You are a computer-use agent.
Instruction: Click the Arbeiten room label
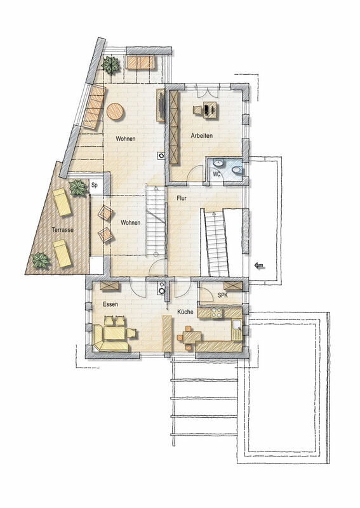pyautogui.click(x=201, y=136)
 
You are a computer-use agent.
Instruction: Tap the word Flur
pyautogui.click(x=182, y=198)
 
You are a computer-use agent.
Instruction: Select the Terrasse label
pyautogui.click(x=62, y=230)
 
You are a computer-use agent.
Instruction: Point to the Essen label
pyautogui.click(x=110, y=304)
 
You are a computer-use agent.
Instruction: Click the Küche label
pyautogui.click(x=185, y=312)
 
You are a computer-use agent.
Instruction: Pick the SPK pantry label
pyautogui.click(x=223, y=295)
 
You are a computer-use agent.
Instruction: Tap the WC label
pyautogui.click(x=217, y=174)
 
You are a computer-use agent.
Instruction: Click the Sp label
pyautogui.click(x=95, y=185)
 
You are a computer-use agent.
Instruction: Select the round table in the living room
pyautogui.click(x=115, y=112)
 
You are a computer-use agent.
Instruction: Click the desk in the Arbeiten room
pyautogui.click(x=210, y=109)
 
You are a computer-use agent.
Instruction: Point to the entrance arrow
pyautogui.click(x=259, y=266)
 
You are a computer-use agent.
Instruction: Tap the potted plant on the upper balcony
pyautogui.click(x=111, y=65)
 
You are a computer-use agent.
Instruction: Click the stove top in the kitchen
pyautogui.click(x=216, y=312)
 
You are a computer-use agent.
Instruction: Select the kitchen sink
pyautogui.click(x=237, y=324)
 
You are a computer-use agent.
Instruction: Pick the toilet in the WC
pyautogui.click(x=237, y=170)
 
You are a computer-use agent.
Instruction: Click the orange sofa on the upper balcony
pyautogui.click(x=140, y=62)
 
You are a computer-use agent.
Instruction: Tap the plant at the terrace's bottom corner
pyautogui.click(x=40, y=260)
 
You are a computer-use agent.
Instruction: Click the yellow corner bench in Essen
pyautogui.click(x=110, y=339)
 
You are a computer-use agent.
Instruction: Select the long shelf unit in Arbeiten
pyautogui.click(x=175, y=128)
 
